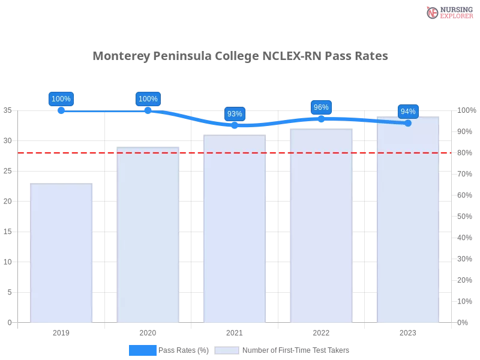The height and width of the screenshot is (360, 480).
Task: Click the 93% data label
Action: [235, 114]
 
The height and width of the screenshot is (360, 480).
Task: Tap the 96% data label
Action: [321, 107]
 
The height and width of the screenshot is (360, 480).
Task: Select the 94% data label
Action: [408, 111]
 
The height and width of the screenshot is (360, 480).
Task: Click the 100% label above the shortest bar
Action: [61, 99]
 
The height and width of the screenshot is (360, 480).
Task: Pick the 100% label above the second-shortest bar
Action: [148, 99]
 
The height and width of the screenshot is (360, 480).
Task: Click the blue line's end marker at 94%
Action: [408, 123]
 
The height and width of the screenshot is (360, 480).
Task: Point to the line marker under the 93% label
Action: [235, 125]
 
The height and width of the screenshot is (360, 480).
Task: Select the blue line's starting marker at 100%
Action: [61, 111]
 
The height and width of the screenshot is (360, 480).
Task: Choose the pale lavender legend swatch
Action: [227, 350]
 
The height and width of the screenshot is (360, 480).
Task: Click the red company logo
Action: [433, 13]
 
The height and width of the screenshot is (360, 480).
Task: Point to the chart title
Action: [240, 56]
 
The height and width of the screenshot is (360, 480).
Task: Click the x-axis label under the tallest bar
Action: [408, 331]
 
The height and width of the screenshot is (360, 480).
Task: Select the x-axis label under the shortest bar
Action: [62, 331]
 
